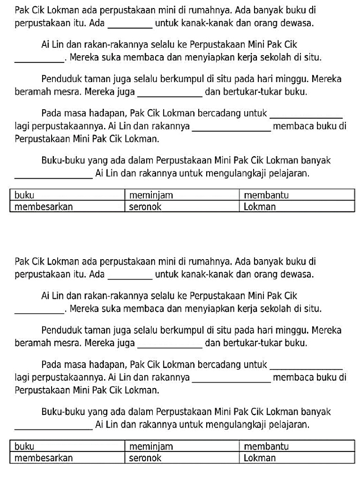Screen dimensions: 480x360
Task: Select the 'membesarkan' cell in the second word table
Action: pyautogui.click(x=67, y=458)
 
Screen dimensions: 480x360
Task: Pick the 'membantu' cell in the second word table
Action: pyautogui.click(x=296, y=447)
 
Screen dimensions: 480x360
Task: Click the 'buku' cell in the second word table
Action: pyautogui.click(x=67, y=447)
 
